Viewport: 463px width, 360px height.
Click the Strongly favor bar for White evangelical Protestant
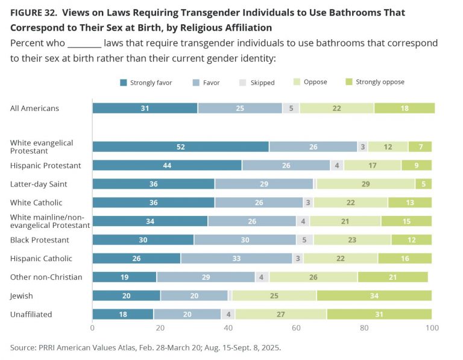click(180, 147)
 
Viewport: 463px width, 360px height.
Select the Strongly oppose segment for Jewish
click(374, 295)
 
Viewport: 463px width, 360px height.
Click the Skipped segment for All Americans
click(291, 108)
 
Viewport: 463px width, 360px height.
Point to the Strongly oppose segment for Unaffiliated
click(379, 314)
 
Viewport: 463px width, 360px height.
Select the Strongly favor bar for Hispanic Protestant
click(167, 165)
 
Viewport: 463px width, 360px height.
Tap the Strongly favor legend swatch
click(124, 83)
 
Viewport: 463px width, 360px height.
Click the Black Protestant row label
click(40, 240)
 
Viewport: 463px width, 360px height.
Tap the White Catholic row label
click(36, 203)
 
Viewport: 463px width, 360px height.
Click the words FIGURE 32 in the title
click(36, 13)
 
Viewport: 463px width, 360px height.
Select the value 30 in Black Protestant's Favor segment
click(245, 239)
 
